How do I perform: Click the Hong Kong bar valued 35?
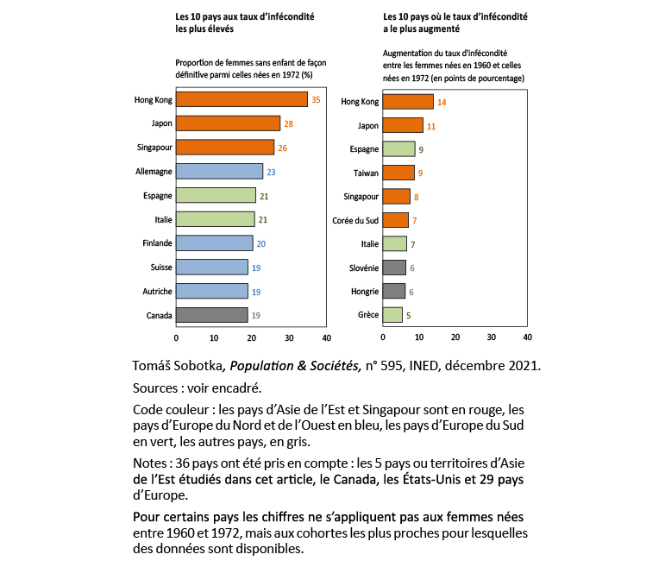242,99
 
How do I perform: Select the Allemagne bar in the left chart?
219,171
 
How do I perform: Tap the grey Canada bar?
211,315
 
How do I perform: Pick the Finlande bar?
214,243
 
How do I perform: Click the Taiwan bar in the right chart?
398,173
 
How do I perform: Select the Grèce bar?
392,315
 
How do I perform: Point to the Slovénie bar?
394,268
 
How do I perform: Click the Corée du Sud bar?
396,220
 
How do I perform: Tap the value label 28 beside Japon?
289,124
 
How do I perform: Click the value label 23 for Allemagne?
271,172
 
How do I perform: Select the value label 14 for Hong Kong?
442,102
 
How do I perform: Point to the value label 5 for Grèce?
408,316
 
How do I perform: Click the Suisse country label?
160,268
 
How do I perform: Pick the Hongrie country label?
362,292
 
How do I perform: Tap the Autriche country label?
156,292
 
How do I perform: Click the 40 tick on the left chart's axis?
326,337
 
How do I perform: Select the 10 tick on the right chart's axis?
418,337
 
